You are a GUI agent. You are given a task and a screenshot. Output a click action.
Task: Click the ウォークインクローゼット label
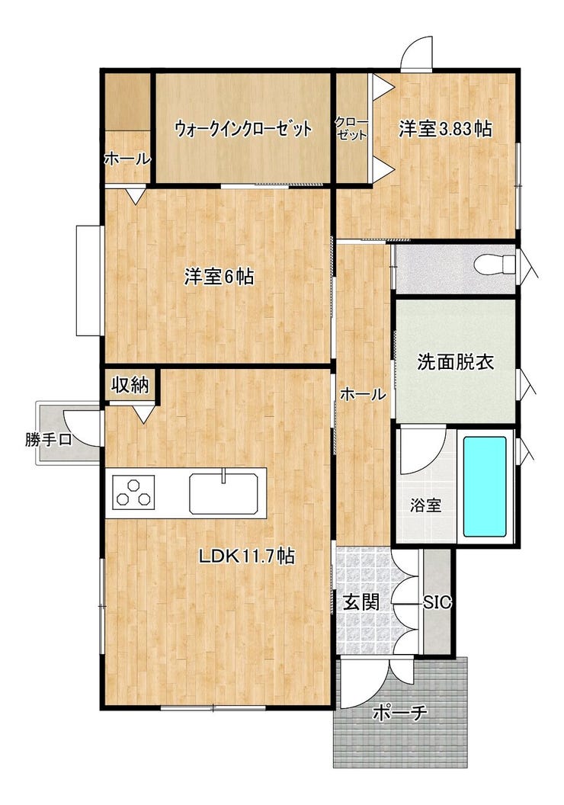coord(243,128)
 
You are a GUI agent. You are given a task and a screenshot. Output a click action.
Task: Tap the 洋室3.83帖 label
coord(445,129)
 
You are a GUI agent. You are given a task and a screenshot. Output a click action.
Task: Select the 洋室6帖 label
coord(220,277)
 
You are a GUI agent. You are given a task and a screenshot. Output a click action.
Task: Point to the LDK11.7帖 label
coord(246,555)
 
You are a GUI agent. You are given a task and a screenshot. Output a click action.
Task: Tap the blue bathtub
coord(485,486)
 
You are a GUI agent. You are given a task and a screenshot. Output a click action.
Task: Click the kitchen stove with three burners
coord(133,492)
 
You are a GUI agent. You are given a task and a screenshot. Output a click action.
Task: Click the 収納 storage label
coord(131,384)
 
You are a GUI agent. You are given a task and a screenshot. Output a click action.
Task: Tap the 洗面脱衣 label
coord(455,362)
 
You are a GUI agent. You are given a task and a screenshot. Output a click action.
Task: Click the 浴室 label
coord(425,505)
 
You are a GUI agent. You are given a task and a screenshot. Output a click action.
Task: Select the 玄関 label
coord(361,601)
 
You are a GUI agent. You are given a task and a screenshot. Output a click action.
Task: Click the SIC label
coord(437,601)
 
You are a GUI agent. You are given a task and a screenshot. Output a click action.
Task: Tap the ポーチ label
coord(400,713)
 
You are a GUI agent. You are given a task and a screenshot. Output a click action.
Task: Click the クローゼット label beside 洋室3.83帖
coord(351,128)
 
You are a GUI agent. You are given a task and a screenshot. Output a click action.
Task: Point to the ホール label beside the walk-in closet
coord(128,159)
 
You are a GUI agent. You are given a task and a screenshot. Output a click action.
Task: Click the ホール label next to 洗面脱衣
coord(363,394)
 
